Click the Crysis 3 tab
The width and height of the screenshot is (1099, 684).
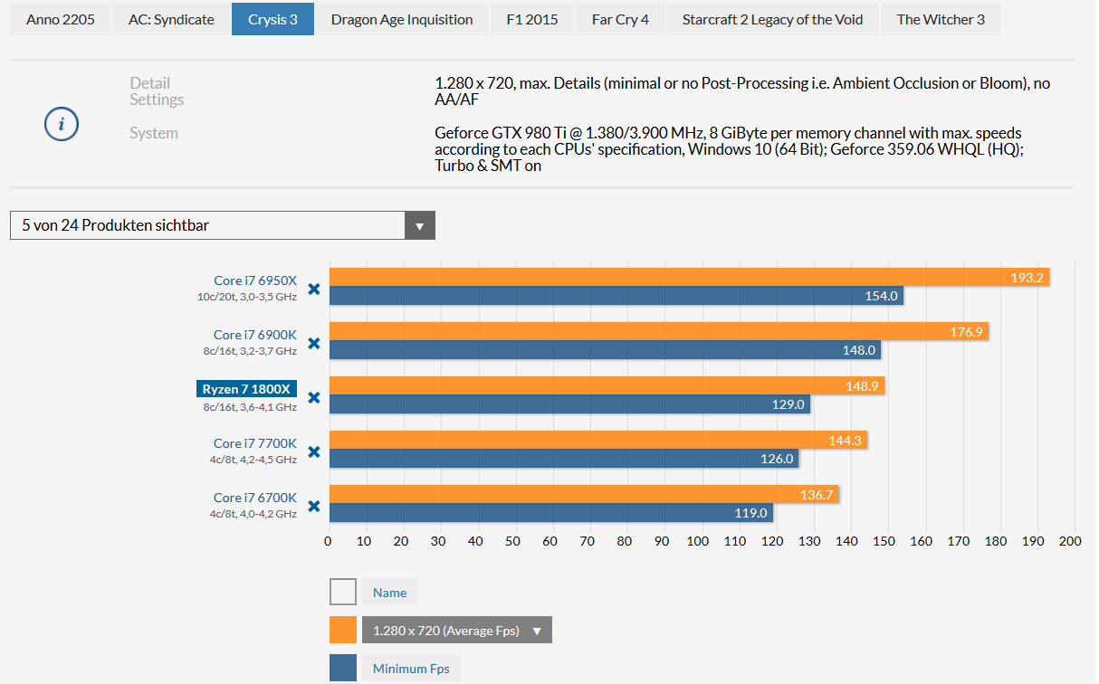click(x=272, y=19)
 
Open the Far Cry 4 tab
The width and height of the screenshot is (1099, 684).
click(x=620, y=19)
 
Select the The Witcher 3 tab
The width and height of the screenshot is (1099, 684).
click(x=941, y=19)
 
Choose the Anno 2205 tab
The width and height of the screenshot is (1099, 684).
click(x=61, y=19)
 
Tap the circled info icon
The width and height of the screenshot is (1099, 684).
click(x=62, y=124)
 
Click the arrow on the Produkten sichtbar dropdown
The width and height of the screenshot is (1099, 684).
click(x=419, y=225)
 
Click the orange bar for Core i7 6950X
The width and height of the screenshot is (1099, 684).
click(x=689, y=277)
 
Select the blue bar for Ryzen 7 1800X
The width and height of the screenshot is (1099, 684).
click(x=569, y=404)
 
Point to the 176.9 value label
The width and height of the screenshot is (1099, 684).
click(x=966, y=332)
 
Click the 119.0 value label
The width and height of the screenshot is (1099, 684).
click(x=750, y=513)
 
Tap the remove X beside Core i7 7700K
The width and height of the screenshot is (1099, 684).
click(x=314, y=451)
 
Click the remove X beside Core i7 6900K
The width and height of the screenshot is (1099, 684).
click(x=314, y=343)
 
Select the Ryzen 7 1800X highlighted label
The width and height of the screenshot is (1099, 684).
click(x=246, y=389)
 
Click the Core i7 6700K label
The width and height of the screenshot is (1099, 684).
click(x=255, y=498)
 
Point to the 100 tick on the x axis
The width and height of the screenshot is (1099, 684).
click(x=698, y=541)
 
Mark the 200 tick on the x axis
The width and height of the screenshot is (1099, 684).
click(x=1070, y=541)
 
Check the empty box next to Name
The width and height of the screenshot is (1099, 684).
click(x=343, y=592)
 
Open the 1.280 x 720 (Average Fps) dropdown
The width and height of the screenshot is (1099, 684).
click(x=457, y=630)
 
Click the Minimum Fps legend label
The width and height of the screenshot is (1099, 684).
click(x=411, y=669)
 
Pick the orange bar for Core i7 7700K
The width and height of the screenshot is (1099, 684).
click(x=598, y=440)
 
